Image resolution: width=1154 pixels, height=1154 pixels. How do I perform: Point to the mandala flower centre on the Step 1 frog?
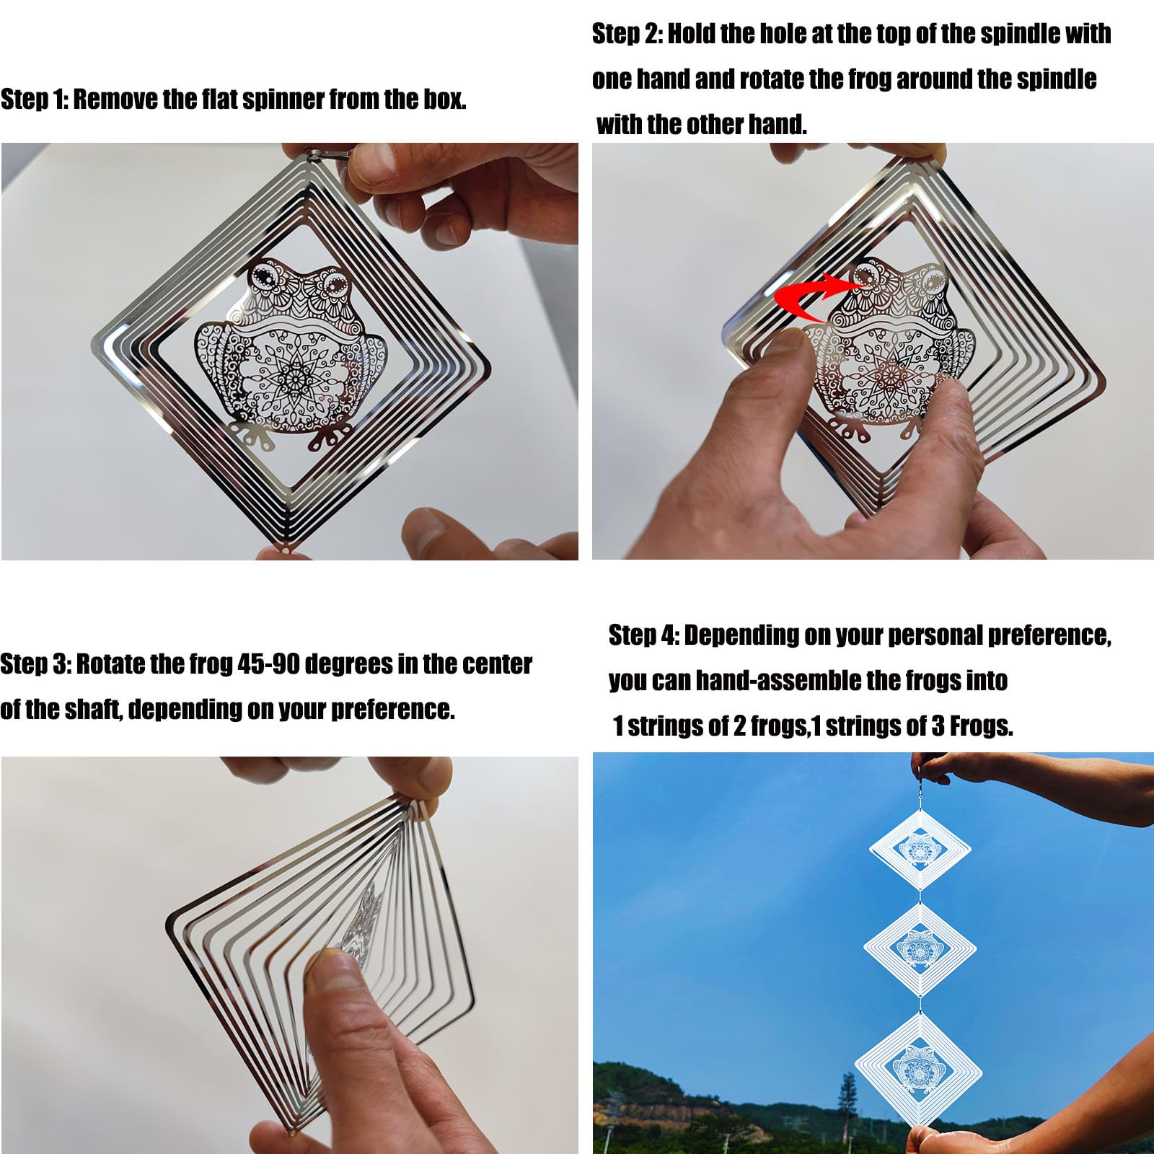(x=294, y=375)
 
